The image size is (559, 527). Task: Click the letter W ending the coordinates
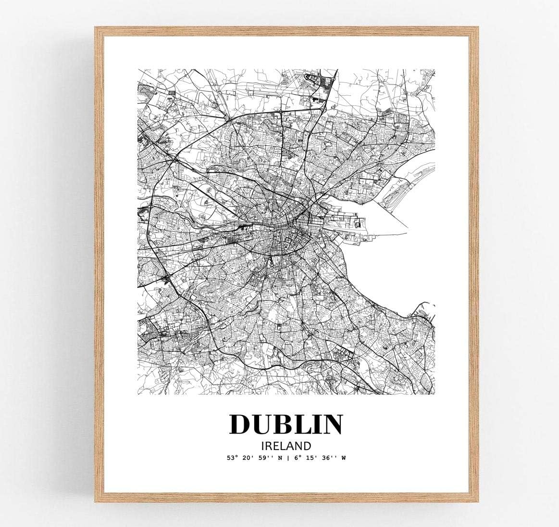[343, 458]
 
